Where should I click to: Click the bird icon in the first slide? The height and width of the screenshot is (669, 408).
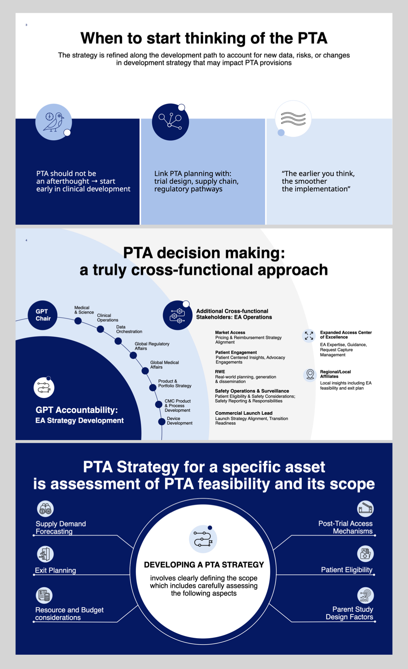(x=54, y=122)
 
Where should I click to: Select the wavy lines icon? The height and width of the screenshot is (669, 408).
(x=293, y=119)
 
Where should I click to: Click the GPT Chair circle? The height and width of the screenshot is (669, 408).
(x=43, y=315)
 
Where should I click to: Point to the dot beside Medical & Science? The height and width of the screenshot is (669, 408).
(x=78, y=321)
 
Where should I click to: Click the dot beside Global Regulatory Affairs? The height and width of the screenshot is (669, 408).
(x=133, y=355)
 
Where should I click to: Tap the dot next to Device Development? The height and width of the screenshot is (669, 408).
(x=162, y=421)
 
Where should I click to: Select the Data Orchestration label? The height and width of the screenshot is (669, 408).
(x=129, y=329)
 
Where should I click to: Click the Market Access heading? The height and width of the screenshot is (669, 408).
(x=230, y=333)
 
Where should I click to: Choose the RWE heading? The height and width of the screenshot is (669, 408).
(x=220, y=372)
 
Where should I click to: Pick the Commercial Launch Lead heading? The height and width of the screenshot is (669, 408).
(x=244, y=413)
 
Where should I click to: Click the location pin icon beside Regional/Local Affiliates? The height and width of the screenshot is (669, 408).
(x=310, y=374)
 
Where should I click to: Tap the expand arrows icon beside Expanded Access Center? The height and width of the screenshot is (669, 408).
(x=309, y=336)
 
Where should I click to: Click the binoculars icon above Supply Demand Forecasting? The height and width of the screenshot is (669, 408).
(x=45, y=509)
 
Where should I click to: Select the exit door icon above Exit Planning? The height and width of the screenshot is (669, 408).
(x=45, y=554)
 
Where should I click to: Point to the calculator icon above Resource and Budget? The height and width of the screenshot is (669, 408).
(x=44, y=595)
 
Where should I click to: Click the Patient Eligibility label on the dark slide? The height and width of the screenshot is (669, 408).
(x=347, y=570)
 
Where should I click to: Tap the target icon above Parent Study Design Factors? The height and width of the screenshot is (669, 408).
(x=365, y=595)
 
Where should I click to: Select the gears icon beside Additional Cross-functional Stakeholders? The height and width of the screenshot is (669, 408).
(x=178, y=315)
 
